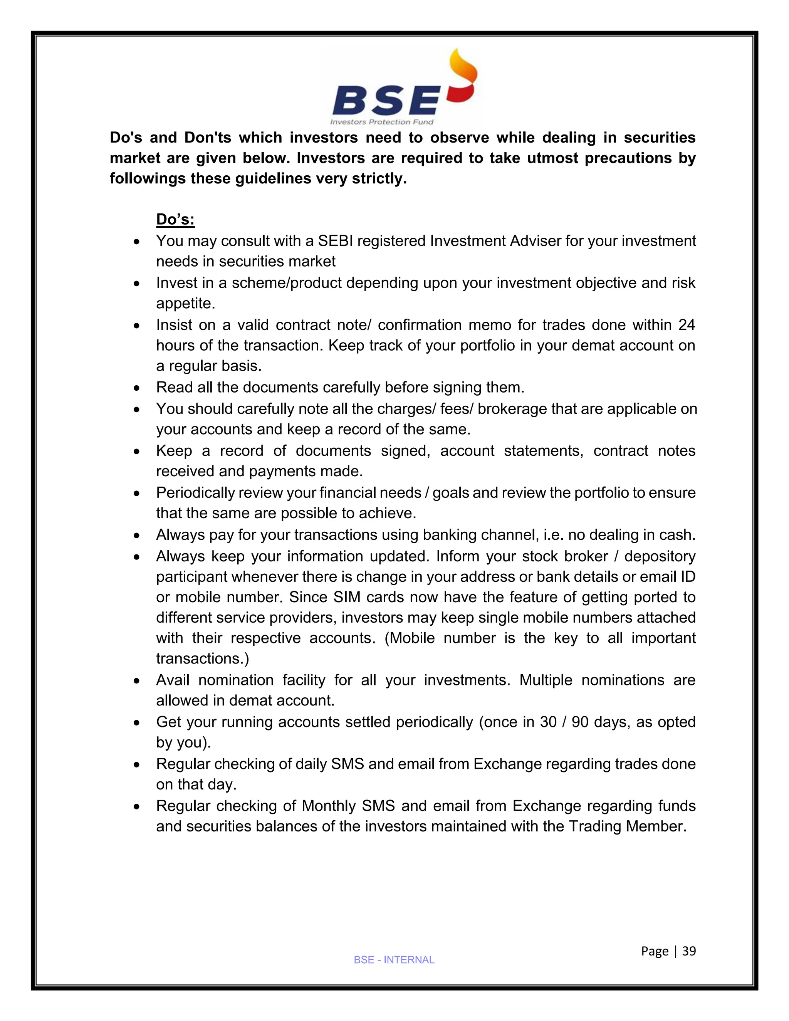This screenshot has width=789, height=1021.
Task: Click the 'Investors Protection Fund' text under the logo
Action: click(x=382, y=122)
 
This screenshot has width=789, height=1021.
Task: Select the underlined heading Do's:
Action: click(x=175, y=219)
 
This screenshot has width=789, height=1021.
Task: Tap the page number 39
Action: click(x=689, y=951)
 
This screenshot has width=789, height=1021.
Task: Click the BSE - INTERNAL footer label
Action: click(x=394, y=960)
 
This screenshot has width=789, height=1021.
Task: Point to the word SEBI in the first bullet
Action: click(x=335, y=241)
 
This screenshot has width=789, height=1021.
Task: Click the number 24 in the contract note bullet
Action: click(x=686, y=324)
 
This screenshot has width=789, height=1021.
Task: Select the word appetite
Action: click(x=186, y=303)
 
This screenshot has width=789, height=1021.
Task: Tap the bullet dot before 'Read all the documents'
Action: click(x=136, y=388)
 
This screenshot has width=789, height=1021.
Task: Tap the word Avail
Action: click(x=173, y=680)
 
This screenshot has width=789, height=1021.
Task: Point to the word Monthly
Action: click(x=329, y=806)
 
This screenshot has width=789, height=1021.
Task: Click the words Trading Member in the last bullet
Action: click(x=627, y=826)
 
